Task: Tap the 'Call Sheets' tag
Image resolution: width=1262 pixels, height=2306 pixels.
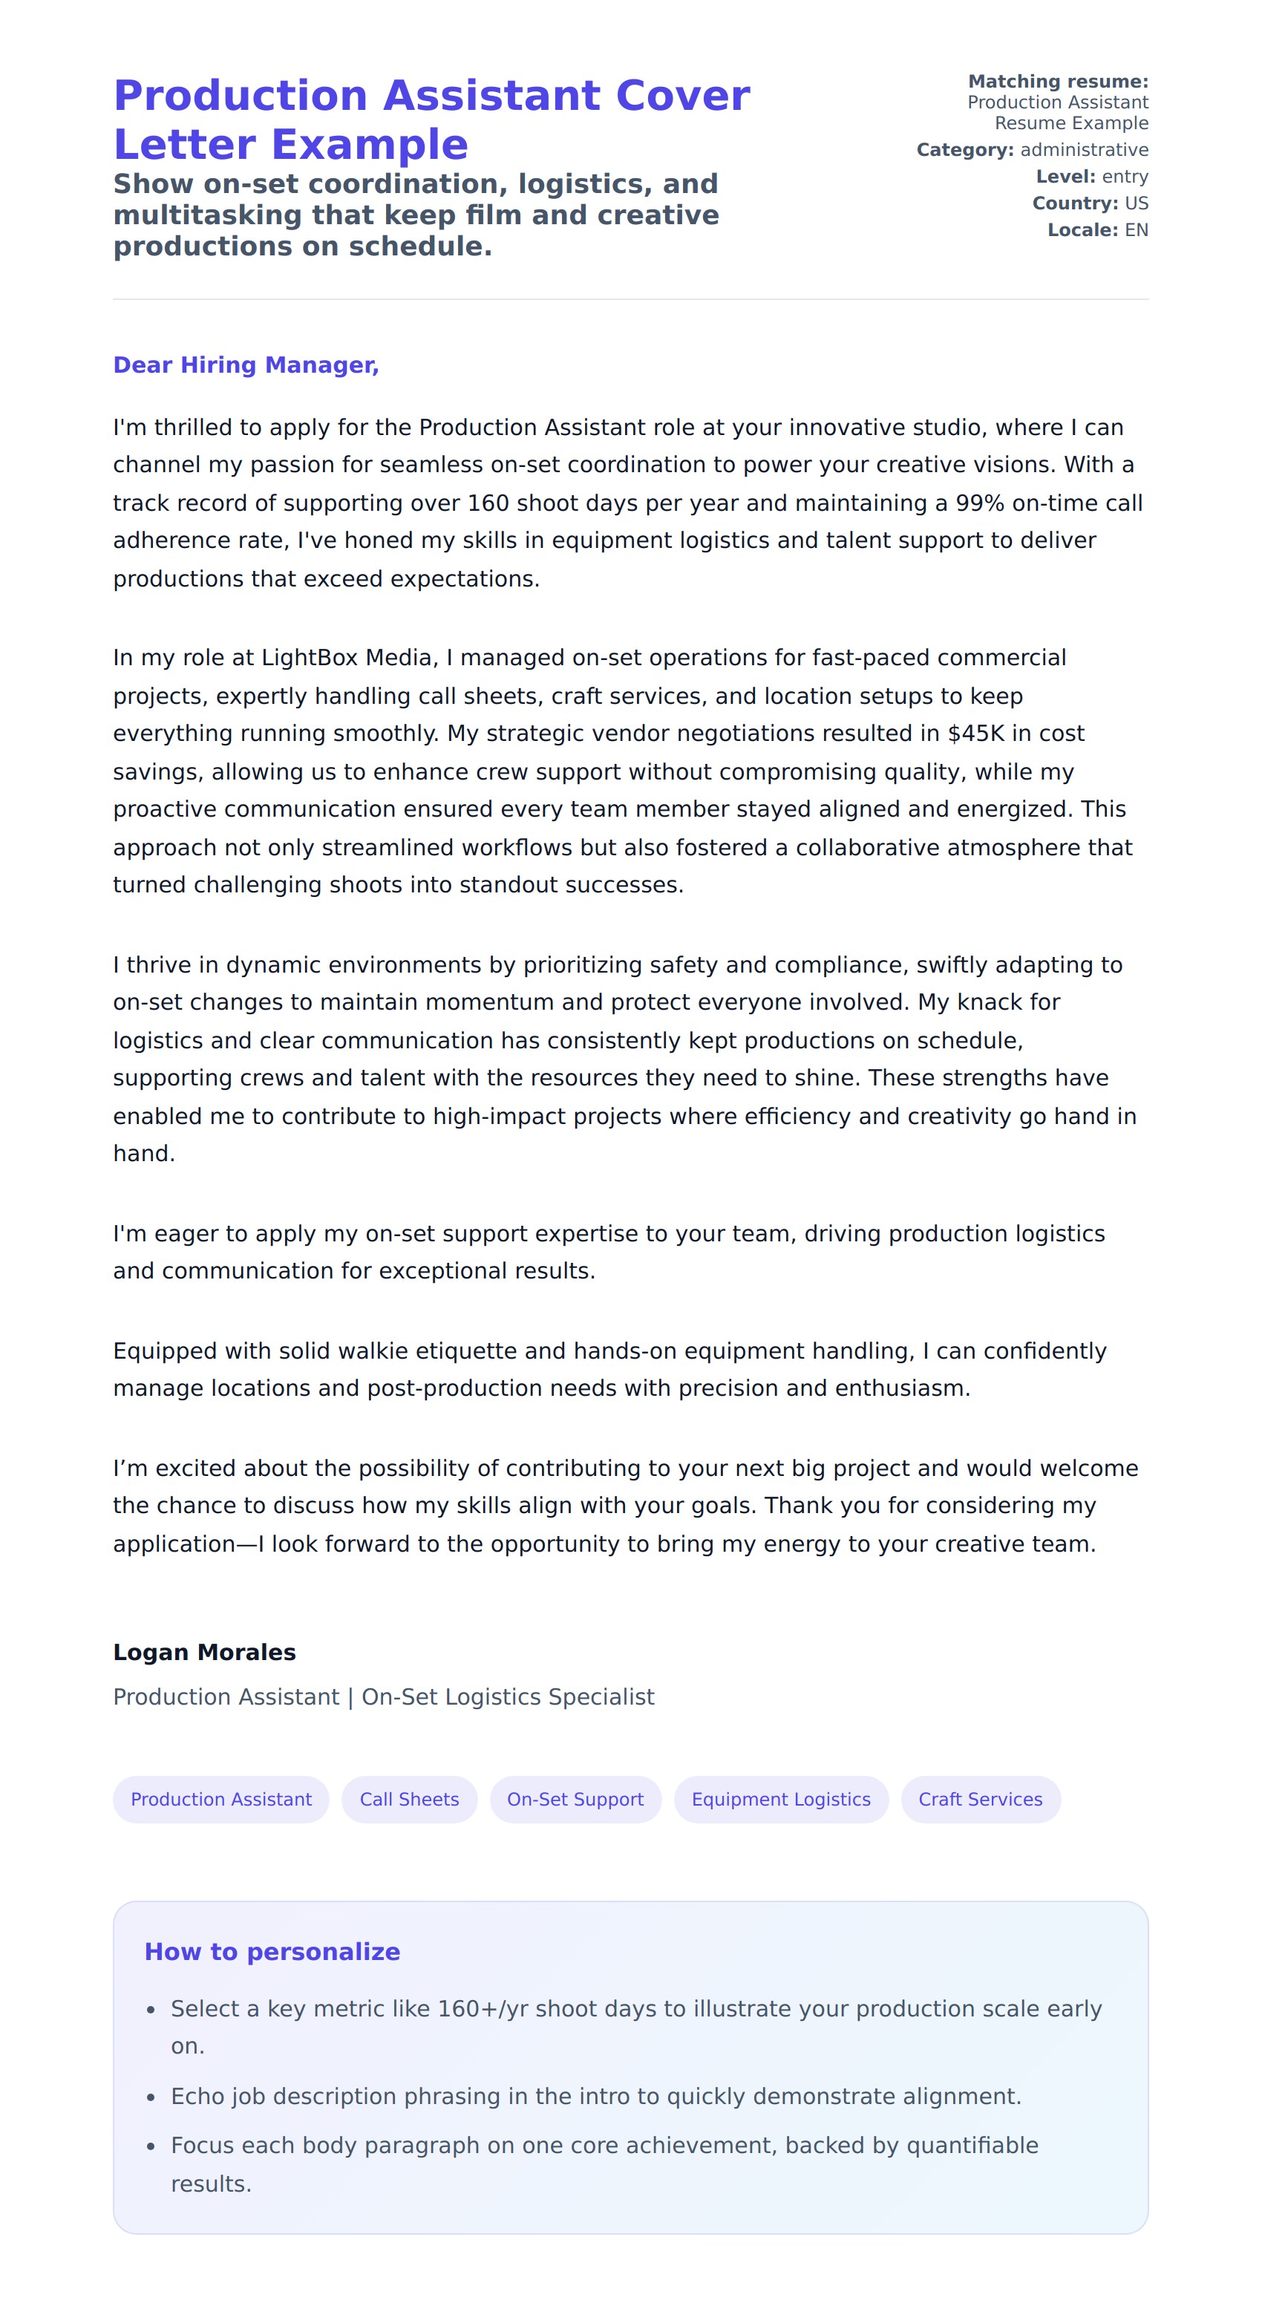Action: (409, 1800)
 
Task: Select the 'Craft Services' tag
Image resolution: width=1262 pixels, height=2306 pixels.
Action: (980, 1800)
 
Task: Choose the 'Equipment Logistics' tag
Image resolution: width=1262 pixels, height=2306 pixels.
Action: (780, 1800)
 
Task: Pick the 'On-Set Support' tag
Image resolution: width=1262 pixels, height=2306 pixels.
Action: (575, 1800)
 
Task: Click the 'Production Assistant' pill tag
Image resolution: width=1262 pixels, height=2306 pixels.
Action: (221, 1800)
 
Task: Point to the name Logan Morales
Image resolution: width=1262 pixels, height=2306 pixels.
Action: (204, 1653)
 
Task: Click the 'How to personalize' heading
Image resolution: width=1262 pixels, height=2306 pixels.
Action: (272, 1952)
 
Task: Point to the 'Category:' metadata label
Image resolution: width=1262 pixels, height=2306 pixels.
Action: (965, 149)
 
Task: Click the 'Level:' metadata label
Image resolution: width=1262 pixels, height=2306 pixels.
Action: (1065, 177)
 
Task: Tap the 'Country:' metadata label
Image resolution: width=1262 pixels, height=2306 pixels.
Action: (1075, 203)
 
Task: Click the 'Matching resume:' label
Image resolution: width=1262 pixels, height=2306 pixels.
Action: (1058, 82)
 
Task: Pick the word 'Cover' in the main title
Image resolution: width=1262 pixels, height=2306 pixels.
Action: (683, 96)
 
